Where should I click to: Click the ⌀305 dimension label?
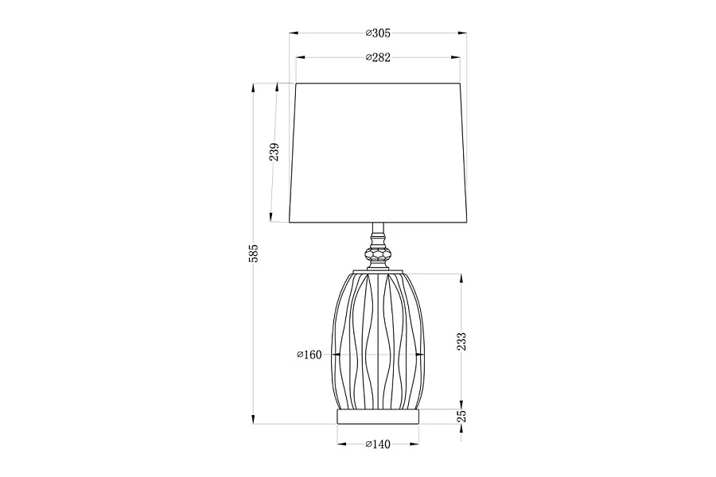[x=378, y=33]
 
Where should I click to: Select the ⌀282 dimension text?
[x=378, y=57]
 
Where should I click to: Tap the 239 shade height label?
[x=274, y=152]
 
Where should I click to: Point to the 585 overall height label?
[x=254, y=254]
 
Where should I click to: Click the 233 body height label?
[x=462, y=341]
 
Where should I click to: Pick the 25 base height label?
[x=462, y=416]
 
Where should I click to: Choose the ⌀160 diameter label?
[x=309, y=355]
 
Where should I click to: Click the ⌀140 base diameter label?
[x=378, y=444]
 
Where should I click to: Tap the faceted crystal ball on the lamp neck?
[x=378, y=254]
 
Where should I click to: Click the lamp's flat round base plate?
[x=378, y=417]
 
